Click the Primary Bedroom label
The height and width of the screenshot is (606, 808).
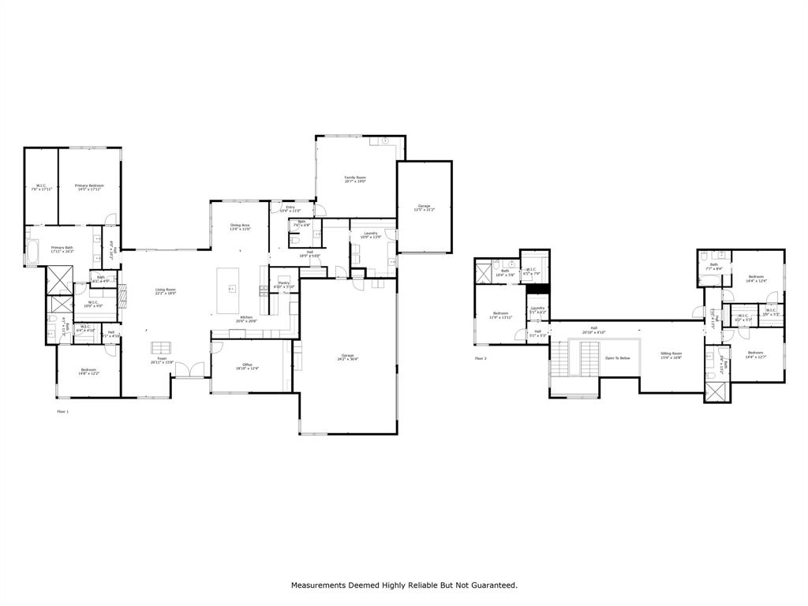89,187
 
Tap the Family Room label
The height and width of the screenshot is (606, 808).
355,179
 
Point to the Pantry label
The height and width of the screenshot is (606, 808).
283,285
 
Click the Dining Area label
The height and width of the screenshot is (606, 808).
240,226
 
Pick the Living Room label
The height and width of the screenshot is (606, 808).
165,290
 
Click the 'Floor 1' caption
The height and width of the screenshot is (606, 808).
62,411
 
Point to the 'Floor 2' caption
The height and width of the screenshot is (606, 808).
481,358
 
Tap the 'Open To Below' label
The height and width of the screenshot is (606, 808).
617,357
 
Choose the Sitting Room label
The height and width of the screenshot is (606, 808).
671,355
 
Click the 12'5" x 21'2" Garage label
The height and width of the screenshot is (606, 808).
424,208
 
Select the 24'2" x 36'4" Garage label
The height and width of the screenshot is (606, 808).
347,357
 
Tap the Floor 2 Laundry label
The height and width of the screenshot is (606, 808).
537,309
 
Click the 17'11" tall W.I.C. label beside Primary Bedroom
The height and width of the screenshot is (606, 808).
41,187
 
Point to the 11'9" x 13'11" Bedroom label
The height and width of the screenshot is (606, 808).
500,315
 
